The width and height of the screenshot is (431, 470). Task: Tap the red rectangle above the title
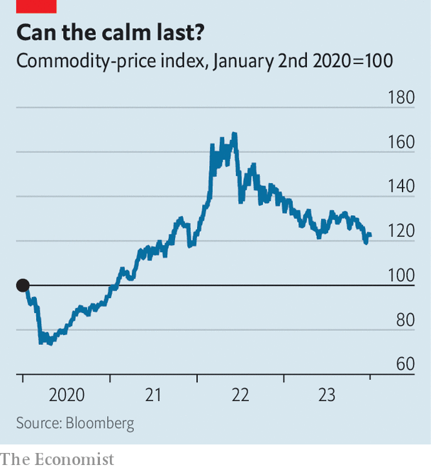pos(36,6)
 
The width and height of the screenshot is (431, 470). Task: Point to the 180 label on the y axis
pos(401,97)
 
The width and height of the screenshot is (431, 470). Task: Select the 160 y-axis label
pos(401,142)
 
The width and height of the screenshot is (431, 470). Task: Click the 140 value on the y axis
pos(401,187)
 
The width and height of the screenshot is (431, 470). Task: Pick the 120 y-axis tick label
pos(401,231)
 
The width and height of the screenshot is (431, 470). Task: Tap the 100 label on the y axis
pos(401,275)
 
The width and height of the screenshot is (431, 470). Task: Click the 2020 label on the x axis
pos(67,395)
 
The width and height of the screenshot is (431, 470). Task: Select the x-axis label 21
pos(153,395)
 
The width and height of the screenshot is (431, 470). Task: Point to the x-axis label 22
pos(240,395)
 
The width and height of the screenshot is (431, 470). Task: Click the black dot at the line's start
pos(23,285)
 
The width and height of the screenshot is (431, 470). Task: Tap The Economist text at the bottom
pos(57,459)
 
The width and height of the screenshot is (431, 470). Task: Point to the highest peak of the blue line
pos(234,133)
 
